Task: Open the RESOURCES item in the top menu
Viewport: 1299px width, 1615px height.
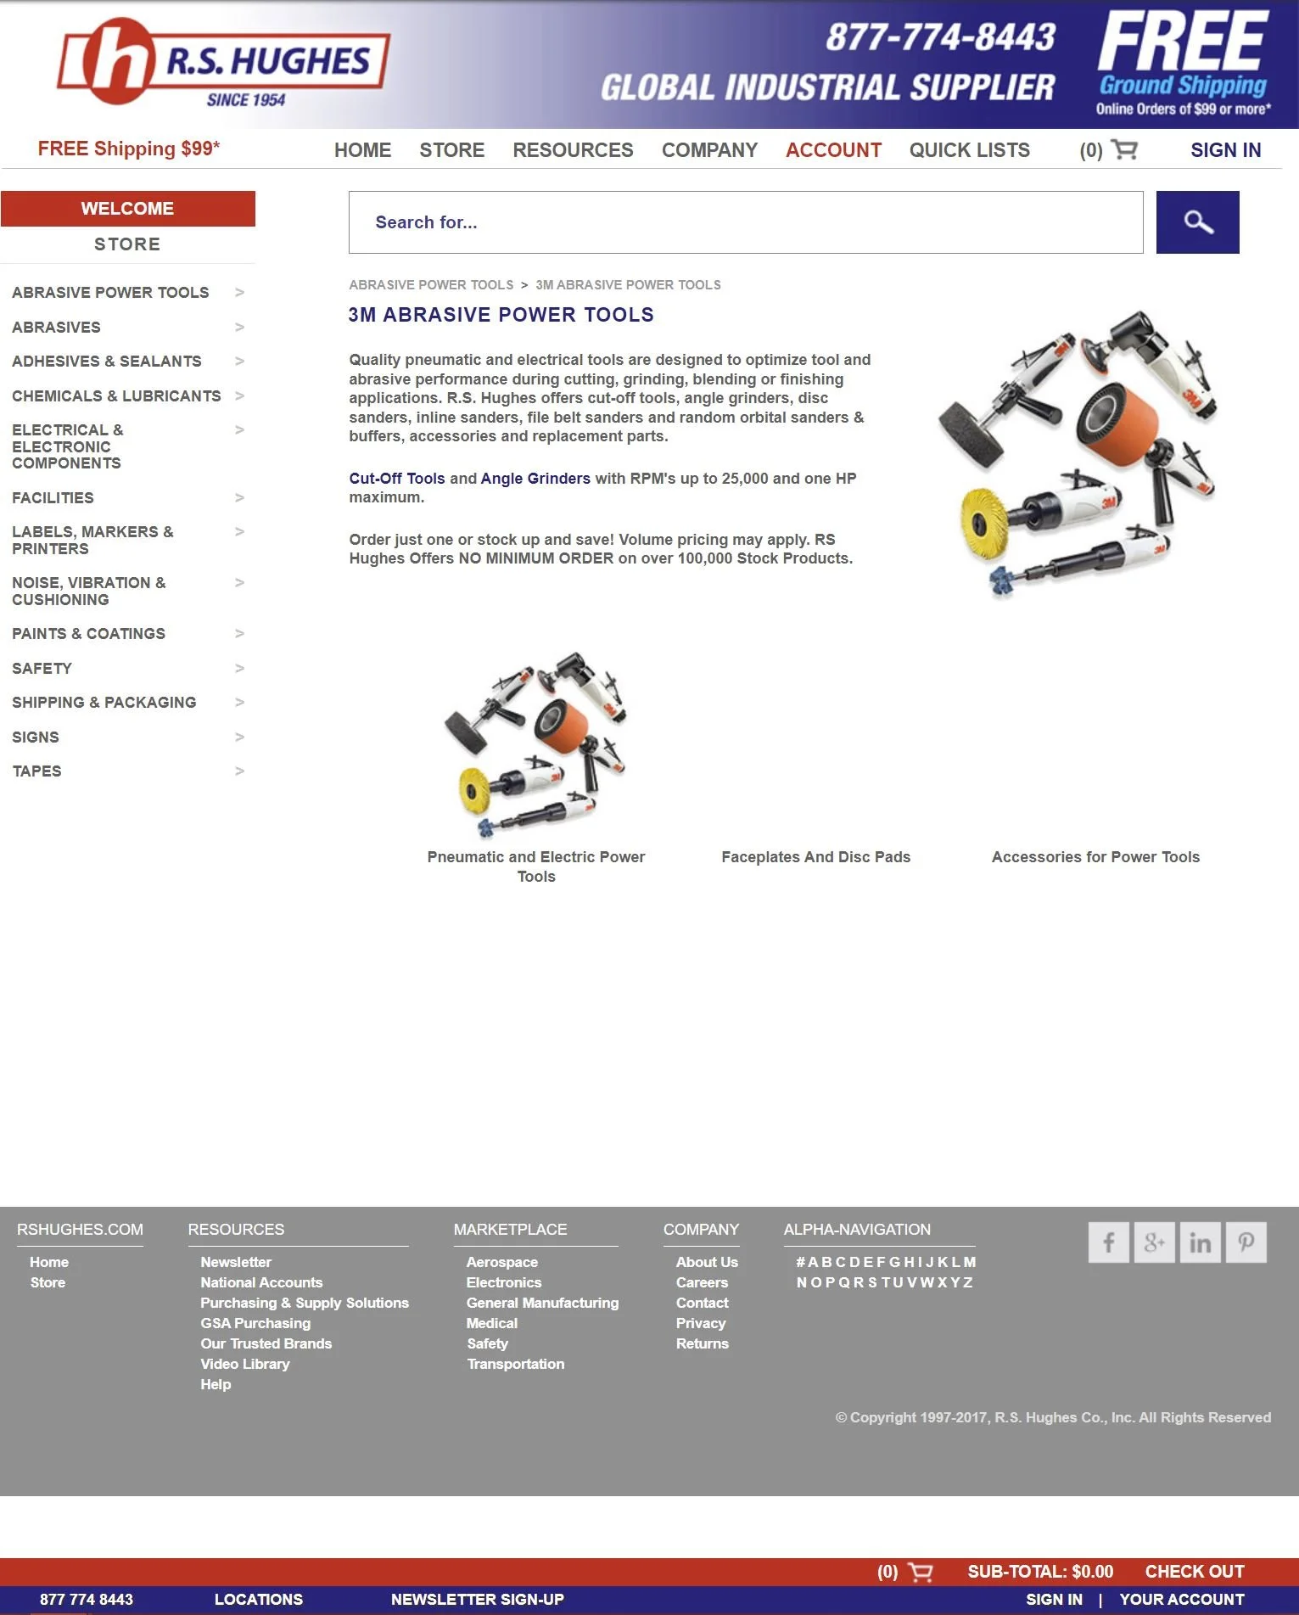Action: pos(573,150)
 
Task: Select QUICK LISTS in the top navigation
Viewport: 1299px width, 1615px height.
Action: pos(969,150)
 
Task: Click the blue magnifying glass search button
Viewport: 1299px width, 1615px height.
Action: pos(1197,222)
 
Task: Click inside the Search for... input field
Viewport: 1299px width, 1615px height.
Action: pos(745,222)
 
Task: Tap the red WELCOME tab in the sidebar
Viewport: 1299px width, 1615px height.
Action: pos(127,209)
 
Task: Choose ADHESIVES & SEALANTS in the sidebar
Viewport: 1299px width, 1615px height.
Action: pos(107,362)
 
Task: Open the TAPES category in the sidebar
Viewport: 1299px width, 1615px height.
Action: pos(36,771)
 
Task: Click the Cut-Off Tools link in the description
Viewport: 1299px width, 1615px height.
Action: pos(396,479)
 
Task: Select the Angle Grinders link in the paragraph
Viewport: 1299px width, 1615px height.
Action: pos(535,479)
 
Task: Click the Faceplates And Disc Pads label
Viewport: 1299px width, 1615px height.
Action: pos(815,857)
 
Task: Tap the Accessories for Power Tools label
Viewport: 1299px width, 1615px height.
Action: pos(1095,857)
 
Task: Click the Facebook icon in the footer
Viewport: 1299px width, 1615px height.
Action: pos(1108,1243)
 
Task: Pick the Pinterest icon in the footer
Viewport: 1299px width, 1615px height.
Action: pos(1246,1243)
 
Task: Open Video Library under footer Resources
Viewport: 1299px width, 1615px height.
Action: pos(244,1364)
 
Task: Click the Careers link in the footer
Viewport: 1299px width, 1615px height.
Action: pos(702,1282)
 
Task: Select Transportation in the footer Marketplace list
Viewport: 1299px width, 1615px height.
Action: pos(515,1364)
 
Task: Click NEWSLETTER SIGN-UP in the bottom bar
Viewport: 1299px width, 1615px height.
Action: pos(477,1600)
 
